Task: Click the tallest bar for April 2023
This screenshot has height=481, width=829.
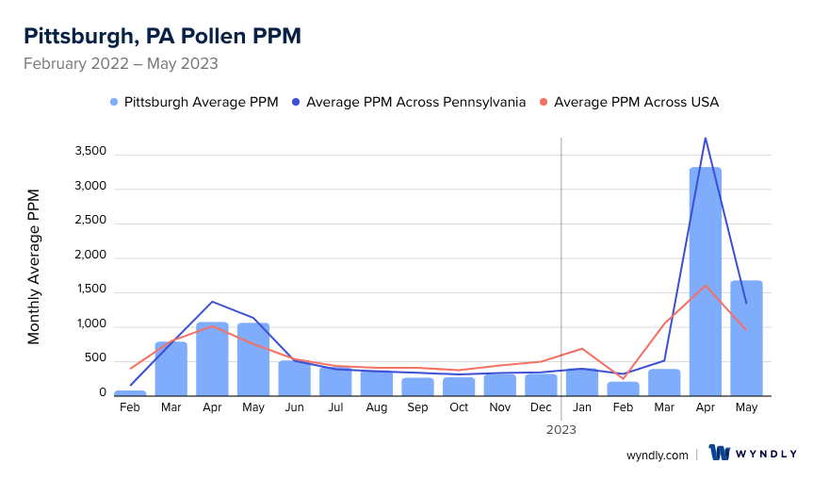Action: [705, 283]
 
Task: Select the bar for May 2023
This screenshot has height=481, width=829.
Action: [746, 340]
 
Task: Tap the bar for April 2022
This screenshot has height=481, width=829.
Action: [212, 360]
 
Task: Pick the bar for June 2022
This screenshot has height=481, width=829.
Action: [294, 378]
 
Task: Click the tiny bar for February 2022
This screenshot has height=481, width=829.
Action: [130, 392]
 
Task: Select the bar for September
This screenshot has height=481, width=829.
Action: [417, 387]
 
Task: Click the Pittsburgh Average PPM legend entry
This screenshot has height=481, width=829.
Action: [194, 102]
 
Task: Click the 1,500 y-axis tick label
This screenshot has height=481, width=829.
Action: [89, 291]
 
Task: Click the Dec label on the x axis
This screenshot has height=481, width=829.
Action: [541, 407]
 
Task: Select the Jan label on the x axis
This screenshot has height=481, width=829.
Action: [582, 407]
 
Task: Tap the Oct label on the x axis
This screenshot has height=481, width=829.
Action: [459, 407]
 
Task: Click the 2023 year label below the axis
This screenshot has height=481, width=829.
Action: [561, 429]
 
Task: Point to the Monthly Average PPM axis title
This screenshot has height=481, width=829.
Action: [34, 267]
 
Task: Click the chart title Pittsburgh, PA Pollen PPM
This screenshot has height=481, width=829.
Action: [162, 36]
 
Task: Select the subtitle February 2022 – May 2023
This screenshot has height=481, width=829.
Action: [121, 64]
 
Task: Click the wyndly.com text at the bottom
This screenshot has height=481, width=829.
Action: [657, 455]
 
